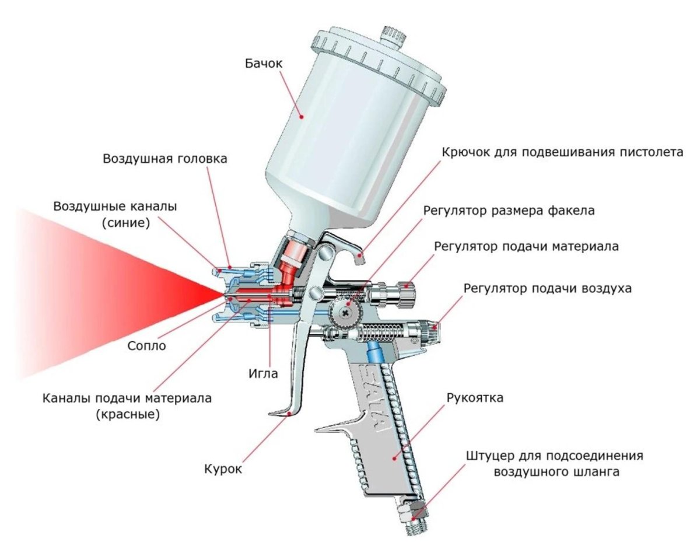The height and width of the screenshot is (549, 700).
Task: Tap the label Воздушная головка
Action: [165, 158]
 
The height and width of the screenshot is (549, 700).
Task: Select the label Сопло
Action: [147, 345]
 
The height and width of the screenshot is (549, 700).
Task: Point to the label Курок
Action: [222, 468]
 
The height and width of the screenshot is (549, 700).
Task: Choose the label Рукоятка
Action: [474, 398]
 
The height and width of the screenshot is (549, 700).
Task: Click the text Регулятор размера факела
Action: [509, 211]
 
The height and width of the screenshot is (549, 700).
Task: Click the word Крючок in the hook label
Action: [464, 153]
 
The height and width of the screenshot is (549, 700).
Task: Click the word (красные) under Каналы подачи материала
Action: [127, 415]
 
